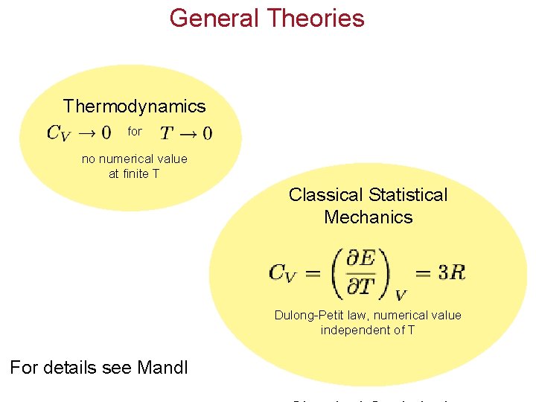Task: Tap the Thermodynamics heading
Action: tap(134, 106)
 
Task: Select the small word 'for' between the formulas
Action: tap(135, 132)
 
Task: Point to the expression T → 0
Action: tap(186, 133)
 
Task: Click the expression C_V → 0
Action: tap(78, 133)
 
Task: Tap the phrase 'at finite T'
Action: tap(134, 174)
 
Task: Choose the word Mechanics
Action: tap(368, 217)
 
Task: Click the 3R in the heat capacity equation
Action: tap(451, 272)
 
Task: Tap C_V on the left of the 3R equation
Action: tap(283, 273)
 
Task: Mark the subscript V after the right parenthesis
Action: tap(401, 294)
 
